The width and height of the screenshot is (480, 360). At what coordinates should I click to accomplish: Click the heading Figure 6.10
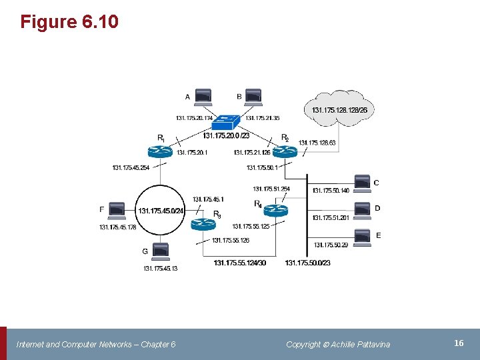click(69, 22)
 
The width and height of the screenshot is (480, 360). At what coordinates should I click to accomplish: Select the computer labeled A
click(203, 97)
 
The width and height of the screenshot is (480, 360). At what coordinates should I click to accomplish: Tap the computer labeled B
click(253, 97)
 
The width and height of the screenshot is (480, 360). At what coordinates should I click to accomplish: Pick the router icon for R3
click(203, 224)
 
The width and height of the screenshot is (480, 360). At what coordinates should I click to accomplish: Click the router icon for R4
click(274, 210)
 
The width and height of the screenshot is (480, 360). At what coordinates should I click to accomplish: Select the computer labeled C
click(361, 183)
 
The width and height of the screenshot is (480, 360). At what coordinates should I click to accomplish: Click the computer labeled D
click(361, 209)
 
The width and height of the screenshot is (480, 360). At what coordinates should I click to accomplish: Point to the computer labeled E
click(361, 236)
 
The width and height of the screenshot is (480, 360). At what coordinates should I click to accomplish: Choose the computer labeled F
click(116, 210)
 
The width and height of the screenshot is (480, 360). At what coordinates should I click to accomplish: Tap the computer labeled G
click(160, 251)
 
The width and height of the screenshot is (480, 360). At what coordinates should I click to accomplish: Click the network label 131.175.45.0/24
click(161, 211)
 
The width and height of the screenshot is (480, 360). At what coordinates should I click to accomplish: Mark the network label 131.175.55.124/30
click(240, 263)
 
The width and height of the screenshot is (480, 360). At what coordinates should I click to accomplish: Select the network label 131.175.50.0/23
click(307, 263)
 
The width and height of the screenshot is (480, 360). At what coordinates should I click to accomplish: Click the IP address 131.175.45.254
click(131, 167)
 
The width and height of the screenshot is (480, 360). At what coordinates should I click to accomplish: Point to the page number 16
click(459, 343)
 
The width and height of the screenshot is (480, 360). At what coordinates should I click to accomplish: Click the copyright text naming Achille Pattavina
click(338, 344)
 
